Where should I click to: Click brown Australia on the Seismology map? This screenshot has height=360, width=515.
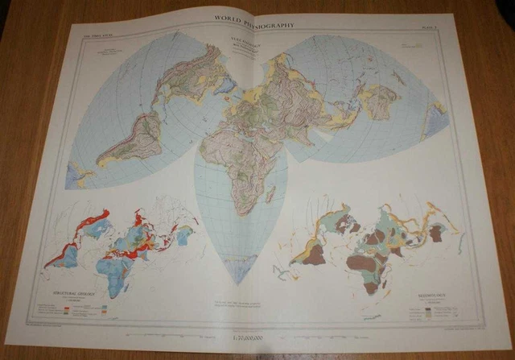click(436, 234)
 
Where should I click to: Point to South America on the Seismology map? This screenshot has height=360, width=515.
click(309, 254)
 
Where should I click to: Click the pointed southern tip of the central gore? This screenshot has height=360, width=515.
click(239, 284)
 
